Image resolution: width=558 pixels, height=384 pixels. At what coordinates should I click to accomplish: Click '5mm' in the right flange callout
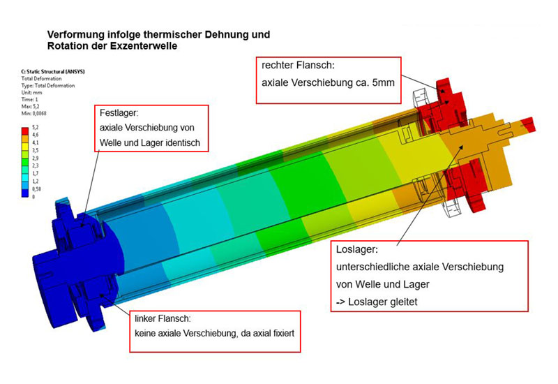click(x=383, y=82)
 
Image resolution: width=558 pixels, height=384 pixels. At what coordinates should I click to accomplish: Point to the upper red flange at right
click(x=451, y=98)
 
